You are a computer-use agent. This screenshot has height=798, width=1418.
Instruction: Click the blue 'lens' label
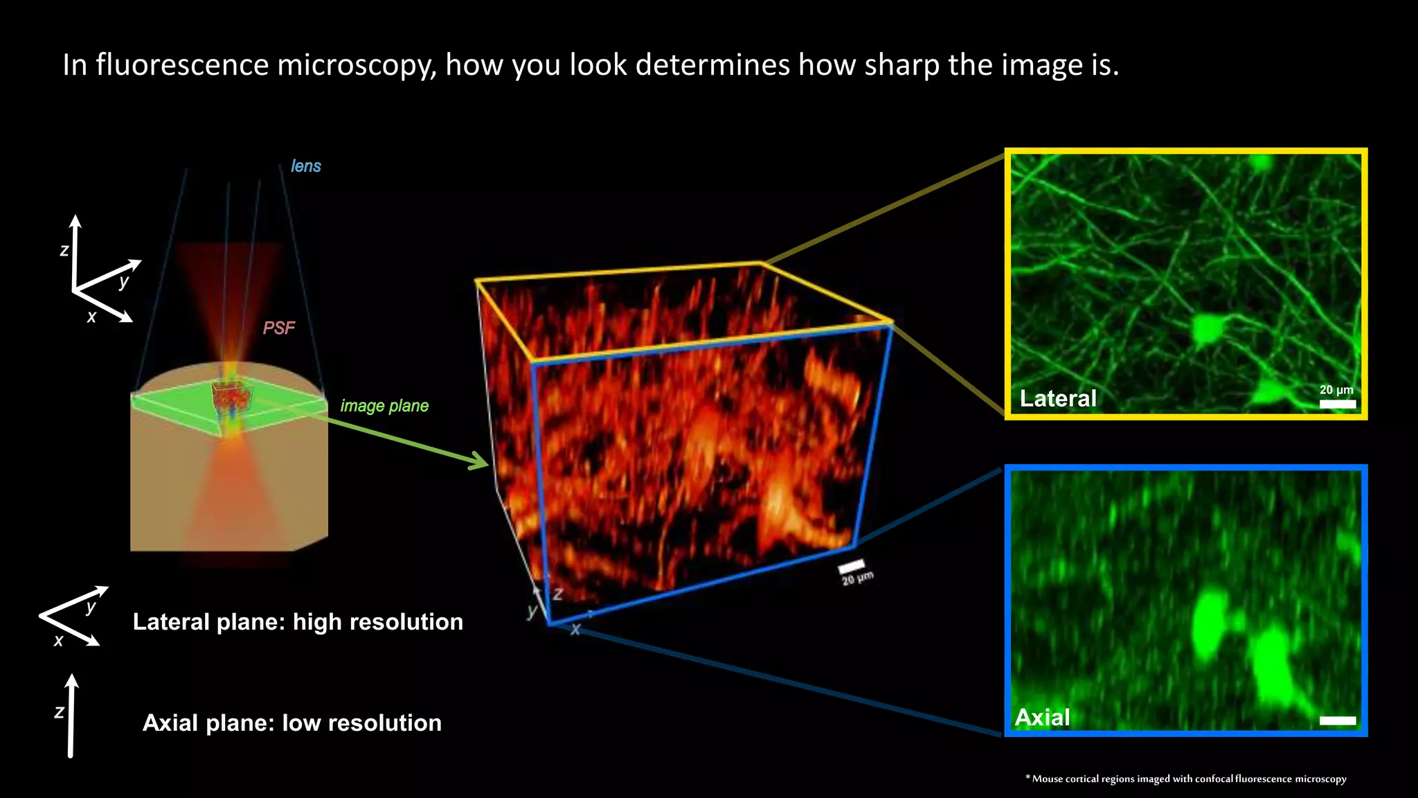305,166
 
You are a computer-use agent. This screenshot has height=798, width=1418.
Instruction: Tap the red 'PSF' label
278,328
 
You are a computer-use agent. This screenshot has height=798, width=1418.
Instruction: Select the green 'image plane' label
384,406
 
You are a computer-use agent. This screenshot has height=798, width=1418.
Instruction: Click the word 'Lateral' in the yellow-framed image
1058,398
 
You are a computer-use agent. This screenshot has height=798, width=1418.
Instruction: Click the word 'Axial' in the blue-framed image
1042,717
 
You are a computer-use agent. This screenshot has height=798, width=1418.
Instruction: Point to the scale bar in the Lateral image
1337,404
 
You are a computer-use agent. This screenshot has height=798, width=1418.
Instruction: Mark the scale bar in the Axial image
1337,720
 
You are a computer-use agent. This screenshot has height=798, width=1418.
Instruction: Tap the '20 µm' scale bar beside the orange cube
852,566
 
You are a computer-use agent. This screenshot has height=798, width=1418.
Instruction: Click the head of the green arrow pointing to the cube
481,461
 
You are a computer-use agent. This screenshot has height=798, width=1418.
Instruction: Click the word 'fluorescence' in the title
182,65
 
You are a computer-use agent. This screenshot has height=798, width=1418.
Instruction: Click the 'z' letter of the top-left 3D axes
64,251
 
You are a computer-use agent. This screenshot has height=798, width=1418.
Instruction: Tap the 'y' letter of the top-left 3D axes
124,281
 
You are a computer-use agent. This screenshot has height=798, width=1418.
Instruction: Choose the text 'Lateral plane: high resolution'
298,621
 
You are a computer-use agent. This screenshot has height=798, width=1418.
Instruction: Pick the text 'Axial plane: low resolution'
291,722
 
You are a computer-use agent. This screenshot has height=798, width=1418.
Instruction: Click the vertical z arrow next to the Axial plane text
71,717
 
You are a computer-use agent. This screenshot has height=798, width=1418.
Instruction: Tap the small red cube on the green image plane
233,397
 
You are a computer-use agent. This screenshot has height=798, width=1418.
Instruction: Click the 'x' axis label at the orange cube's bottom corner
575,630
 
